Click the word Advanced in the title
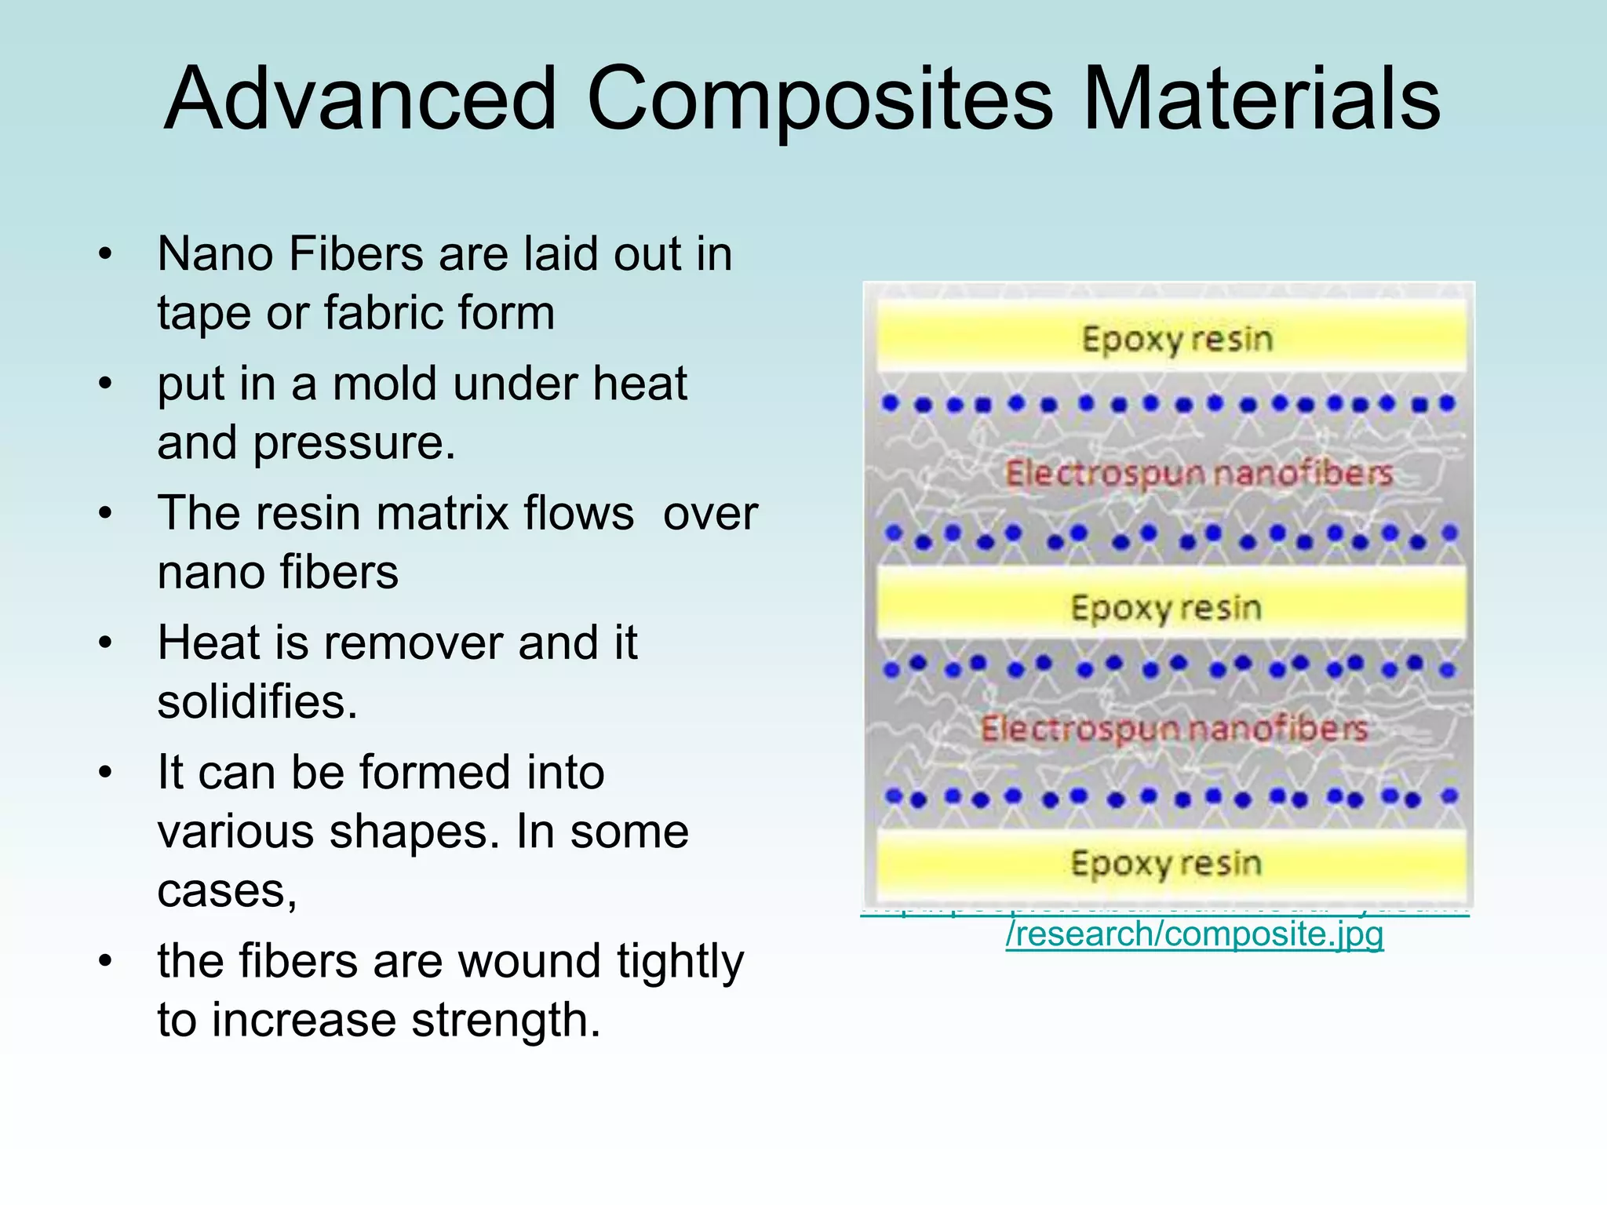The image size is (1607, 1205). [x=360, y=100]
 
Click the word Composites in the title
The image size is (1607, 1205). [x=819, y=100]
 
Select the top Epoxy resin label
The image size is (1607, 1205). [x=1177, y=340]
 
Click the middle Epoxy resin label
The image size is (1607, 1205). [x=1166, y=608]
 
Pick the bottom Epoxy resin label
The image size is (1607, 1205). [x=1166, y=863]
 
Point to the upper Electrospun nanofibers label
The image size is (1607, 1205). [x=1199, y=473]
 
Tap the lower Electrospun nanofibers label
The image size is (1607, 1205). [x=1174, y=729]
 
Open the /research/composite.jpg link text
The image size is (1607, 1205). [x=1194, y=934]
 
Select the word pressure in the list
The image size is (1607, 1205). [x=353, y=444]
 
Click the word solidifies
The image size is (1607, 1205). [x=257, y=701]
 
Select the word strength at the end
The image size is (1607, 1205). [x=505, y=1021]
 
